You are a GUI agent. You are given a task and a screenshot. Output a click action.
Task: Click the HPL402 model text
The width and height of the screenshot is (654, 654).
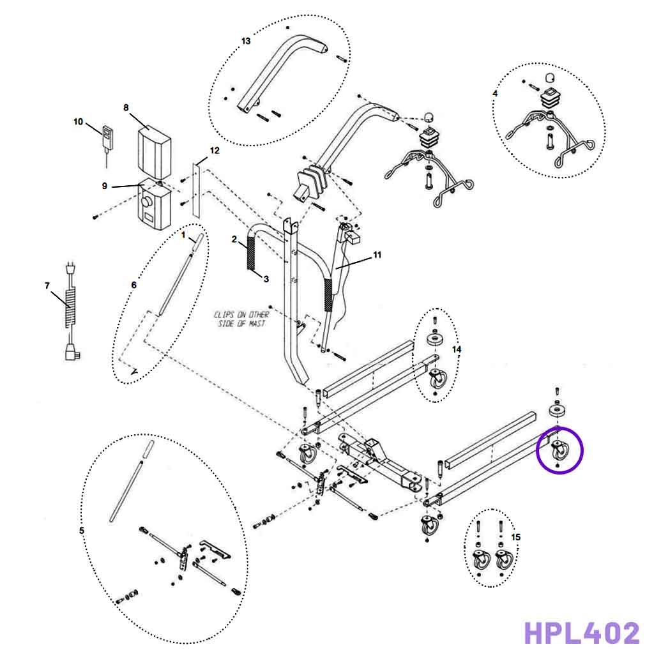point(581,633)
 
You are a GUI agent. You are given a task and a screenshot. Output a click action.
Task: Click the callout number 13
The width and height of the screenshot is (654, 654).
point(246,41)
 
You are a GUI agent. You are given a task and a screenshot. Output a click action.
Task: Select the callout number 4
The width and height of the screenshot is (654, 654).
point(495,93)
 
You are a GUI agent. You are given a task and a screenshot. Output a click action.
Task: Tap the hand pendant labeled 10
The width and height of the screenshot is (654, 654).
point(107,137)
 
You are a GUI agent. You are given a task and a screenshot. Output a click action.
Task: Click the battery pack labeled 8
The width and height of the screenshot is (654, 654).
point(155,151)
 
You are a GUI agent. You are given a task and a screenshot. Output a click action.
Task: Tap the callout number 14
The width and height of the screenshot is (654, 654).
point(456,349)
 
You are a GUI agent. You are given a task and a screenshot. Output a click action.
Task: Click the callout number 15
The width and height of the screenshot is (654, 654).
point(516,537)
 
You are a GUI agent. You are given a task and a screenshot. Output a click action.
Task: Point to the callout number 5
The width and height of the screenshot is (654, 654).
point(81,531)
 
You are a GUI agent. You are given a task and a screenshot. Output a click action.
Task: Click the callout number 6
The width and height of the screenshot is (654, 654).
point(133,285)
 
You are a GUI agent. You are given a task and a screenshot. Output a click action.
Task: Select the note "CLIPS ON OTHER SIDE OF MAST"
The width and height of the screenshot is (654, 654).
point(242,319)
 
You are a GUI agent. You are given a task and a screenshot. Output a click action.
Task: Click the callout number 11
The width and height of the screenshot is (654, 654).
point(377,254)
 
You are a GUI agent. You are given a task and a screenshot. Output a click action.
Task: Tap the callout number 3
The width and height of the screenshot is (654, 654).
point(266,278)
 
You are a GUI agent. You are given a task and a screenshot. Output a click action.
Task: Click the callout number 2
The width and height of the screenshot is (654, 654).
point(234,239)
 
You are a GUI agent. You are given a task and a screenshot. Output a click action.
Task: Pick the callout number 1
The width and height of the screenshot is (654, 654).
point(183,234)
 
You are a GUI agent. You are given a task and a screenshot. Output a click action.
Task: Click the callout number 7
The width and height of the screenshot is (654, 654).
point(47,285)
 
